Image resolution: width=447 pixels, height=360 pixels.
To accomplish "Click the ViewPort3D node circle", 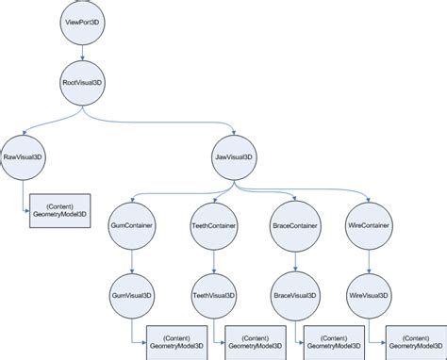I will pos(84,22).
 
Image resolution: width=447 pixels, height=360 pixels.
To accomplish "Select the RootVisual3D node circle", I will pos(84,82).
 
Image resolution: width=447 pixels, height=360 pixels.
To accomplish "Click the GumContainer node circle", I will pos(132,226).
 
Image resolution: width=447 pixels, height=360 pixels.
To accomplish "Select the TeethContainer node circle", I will pos(212,226).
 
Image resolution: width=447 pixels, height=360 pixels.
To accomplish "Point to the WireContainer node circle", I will pos(368,226).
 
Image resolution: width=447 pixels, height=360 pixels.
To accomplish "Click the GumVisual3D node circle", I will pos(132,294).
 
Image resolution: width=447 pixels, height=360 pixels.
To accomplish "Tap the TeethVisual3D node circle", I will pos(212,294).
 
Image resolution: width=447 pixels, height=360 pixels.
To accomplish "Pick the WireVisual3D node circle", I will pos(368,294).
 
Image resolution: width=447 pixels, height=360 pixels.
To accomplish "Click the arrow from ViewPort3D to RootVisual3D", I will pos(84,52).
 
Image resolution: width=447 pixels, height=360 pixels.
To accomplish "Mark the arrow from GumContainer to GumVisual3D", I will pos(132,260).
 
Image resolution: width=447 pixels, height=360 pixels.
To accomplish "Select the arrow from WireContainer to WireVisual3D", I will pos(368,260).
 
